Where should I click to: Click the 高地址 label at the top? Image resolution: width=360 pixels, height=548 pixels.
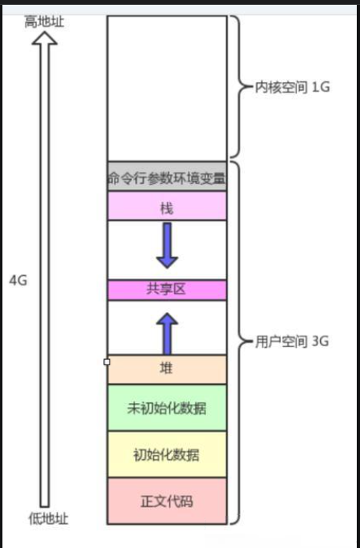[x=44, y=22]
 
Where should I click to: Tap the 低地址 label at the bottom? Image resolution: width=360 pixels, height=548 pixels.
[x=48, y=519]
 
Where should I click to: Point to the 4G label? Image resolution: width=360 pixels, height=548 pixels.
[x=18, y=280]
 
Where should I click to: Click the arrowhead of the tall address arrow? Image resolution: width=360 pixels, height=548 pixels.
[x=44, y=38]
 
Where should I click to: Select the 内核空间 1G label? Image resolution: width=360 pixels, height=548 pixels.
[x=292, y=87]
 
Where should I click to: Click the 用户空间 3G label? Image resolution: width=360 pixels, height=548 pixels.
[x=292, y=341]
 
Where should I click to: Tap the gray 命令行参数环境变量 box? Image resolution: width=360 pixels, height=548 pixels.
[x=167, y=176]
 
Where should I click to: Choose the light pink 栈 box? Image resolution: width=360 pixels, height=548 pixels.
[x=167, y=206]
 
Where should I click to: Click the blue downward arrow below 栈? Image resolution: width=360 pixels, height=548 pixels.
[x=168, y=245]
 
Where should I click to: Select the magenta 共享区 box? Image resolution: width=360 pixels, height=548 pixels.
[x=167, y=290]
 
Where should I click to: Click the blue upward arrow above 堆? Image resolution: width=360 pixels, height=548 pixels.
[x=168, y=334]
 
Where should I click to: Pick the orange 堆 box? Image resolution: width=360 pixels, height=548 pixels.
[x=167, y=369]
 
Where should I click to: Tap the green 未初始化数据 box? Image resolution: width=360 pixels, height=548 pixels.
[x=167, y=407]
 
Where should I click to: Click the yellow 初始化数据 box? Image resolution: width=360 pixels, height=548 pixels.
[x=167, y=455]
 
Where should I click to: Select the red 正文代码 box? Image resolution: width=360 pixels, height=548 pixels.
[x=167, y=501]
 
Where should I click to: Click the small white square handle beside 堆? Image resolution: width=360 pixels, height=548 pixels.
[x=107, y=362]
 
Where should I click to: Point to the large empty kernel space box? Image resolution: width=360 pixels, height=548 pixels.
[x=167, y=88]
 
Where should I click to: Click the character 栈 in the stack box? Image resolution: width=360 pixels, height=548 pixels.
[x=167, y=208]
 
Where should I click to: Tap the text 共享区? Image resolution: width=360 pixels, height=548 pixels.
[x=166, y=289]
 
